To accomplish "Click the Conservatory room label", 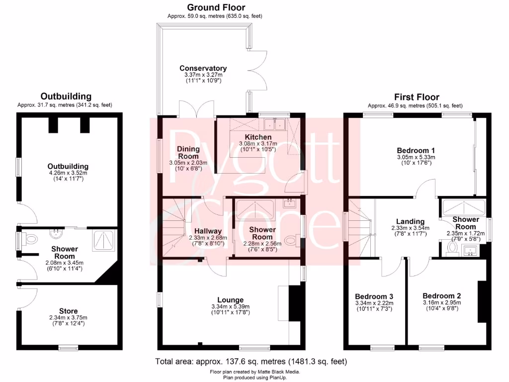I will (x=203, y=68).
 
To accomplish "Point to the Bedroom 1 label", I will (x=416, y=150).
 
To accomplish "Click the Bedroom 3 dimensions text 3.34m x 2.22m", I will (x=374, y=303).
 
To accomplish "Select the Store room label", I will (x=68, y=311).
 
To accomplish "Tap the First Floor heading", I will (x=417, y=97).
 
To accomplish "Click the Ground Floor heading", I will (x=216, y=7).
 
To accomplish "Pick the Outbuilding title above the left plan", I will (x=66, y=96).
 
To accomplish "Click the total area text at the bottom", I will (x=251, y=361).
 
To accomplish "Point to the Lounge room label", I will (x=231, y=299).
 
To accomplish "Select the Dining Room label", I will (x=188, y=152).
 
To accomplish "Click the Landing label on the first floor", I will (x=410, y=221).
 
